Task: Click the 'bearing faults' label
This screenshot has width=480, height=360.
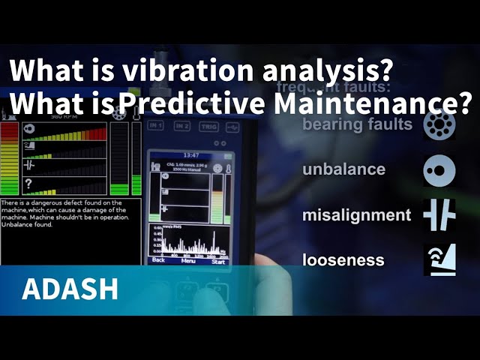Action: tap(357, 124)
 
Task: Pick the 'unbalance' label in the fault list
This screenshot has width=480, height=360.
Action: tap(343, 169)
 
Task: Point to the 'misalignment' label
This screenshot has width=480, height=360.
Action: tap(356, 215)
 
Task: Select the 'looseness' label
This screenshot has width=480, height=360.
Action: tap(343, 260)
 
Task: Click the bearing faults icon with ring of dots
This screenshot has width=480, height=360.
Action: tap(439, 124)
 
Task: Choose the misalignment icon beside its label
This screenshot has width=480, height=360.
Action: tap(439, 214)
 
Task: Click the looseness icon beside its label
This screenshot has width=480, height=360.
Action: tap(439, 259)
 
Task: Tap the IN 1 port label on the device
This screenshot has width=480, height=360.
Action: tap(156, 125)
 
